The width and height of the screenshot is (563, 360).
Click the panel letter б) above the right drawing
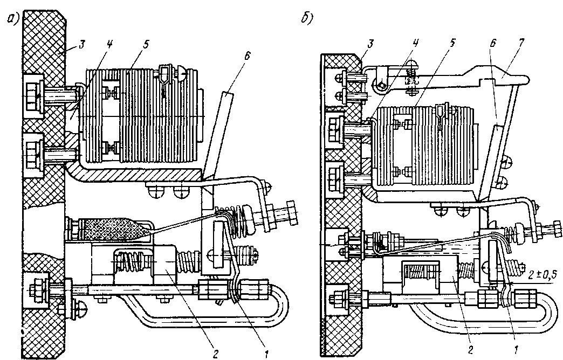(307, 18)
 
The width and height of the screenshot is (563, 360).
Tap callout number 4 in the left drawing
(109, 44)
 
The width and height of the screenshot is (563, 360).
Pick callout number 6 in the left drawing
(246, 56)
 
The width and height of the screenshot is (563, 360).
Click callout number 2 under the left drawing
(215, 354)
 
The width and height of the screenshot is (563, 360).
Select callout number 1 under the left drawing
(266, 354)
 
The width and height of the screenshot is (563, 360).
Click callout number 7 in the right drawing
(521, 43)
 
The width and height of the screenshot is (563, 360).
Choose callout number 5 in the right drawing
(452, 43)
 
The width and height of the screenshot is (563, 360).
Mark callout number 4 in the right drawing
(415, 43)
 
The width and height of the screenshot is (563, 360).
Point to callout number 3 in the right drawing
(370, 44)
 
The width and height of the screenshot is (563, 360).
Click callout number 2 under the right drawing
(470, 349)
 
